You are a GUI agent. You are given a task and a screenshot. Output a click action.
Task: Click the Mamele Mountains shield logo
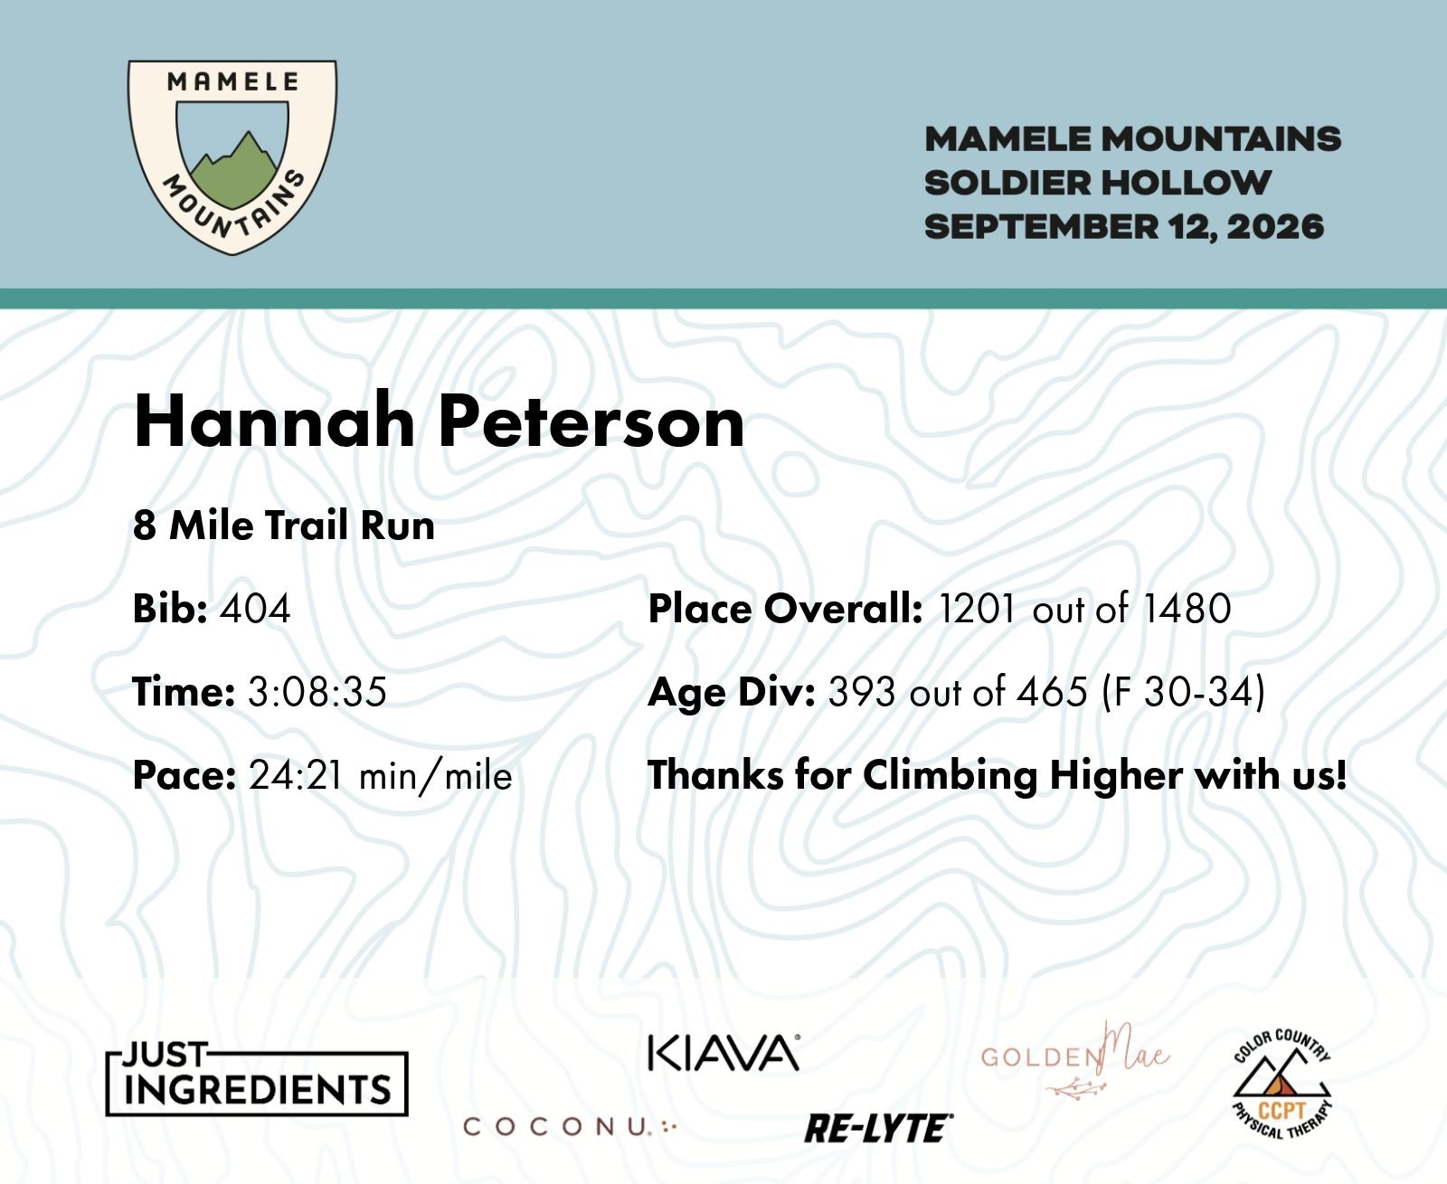232,157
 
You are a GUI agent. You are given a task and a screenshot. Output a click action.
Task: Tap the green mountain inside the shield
233,173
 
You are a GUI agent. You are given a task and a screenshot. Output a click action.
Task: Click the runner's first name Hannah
274,421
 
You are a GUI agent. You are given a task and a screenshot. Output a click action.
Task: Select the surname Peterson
591,421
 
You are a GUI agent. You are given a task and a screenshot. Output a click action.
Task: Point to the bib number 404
254,609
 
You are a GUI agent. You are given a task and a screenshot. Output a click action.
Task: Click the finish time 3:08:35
317,692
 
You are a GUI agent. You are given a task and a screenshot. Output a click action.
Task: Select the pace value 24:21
296,776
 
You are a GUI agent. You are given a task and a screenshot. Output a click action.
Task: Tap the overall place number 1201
977,609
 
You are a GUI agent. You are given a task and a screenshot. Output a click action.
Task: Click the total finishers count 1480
1187,609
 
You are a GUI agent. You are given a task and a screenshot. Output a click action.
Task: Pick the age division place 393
863,692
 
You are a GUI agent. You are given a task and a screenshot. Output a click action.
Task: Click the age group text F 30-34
1183,692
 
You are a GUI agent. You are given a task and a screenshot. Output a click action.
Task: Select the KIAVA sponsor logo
723,1054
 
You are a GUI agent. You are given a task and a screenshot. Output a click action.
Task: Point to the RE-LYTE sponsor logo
878,1129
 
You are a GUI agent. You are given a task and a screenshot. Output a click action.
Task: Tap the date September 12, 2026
1124,227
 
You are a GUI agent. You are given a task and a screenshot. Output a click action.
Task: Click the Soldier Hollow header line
1098,184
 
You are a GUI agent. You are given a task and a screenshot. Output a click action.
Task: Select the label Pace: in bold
184,776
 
